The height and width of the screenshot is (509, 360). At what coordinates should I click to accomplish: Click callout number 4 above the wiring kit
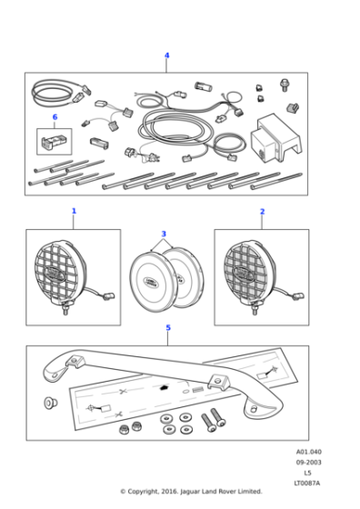[x=166, y=55]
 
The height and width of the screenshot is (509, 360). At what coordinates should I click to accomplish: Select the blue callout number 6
[x=55, y=117]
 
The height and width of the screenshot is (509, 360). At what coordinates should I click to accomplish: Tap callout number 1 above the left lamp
[x=74, y=211]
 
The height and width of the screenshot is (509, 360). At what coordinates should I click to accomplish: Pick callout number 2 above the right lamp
[x=262, y=211]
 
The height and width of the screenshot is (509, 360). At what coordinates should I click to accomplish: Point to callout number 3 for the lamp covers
[x=164, y=235]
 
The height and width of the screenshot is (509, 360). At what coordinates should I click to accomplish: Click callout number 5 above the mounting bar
[x=167, y=328]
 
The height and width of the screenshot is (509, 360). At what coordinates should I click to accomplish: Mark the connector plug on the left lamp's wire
[x=110, y=296]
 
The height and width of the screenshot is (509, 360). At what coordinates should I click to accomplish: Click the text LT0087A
[x=308, y=483]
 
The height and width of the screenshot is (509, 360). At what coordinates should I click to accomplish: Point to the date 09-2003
[x=308, y=463]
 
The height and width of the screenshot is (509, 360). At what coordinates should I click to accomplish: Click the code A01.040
[x=308, y=452]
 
